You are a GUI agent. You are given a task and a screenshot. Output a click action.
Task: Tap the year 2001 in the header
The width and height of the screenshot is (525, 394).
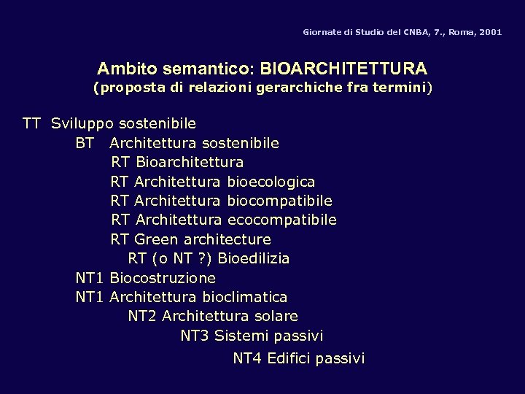[x=490, y=33]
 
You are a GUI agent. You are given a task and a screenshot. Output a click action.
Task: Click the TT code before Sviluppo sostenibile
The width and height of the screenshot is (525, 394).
[x=31, y=123]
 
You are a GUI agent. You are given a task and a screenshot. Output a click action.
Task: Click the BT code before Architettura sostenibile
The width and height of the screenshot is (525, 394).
[x=85, y=142]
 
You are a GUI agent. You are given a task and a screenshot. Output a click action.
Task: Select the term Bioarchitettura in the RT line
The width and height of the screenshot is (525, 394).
[x=190, y=161]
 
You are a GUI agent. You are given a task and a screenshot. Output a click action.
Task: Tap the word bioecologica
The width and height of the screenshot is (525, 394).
[x=271, y=181]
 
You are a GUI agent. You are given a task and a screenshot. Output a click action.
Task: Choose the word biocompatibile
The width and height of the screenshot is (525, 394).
[x=280, y=200]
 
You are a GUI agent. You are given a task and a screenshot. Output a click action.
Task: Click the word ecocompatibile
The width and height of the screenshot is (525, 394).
[x=282, y=220]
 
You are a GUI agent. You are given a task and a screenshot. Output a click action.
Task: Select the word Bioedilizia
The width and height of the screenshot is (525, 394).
[x=254, y=258]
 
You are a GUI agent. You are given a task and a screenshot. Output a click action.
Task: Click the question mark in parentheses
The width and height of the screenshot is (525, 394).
[x=203, y=258]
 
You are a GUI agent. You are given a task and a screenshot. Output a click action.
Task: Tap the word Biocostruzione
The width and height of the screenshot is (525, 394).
[x=163, y=278]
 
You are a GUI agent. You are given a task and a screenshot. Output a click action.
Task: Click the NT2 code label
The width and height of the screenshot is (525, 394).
[x=143, y=317]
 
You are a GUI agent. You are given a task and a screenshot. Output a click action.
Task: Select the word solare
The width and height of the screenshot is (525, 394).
[x=276, y=317]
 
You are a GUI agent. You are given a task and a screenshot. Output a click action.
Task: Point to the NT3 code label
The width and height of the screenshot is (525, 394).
[x=195, y=336]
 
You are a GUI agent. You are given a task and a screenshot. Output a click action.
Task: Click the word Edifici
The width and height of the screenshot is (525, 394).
[x=290, y=358]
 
